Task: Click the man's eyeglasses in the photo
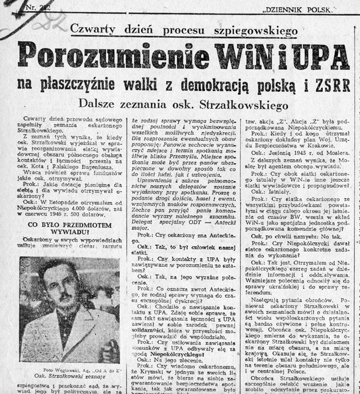(x=52, y=282)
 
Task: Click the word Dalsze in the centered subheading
(x=97, y=103)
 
